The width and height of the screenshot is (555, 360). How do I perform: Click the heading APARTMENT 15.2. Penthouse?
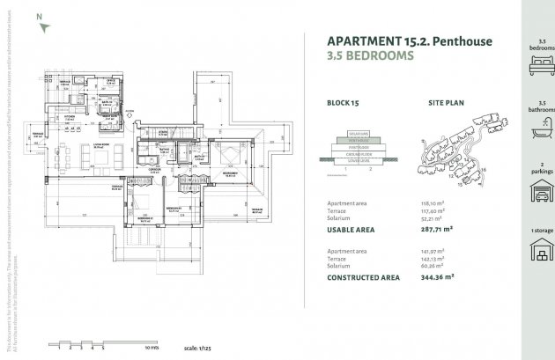409,40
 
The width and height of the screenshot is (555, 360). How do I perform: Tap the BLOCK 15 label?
344,103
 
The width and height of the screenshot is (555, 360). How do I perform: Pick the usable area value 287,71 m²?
438,229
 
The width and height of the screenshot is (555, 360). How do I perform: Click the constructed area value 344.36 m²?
437,276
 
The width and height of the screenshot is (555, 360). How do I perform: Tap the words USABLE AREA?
351,229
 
